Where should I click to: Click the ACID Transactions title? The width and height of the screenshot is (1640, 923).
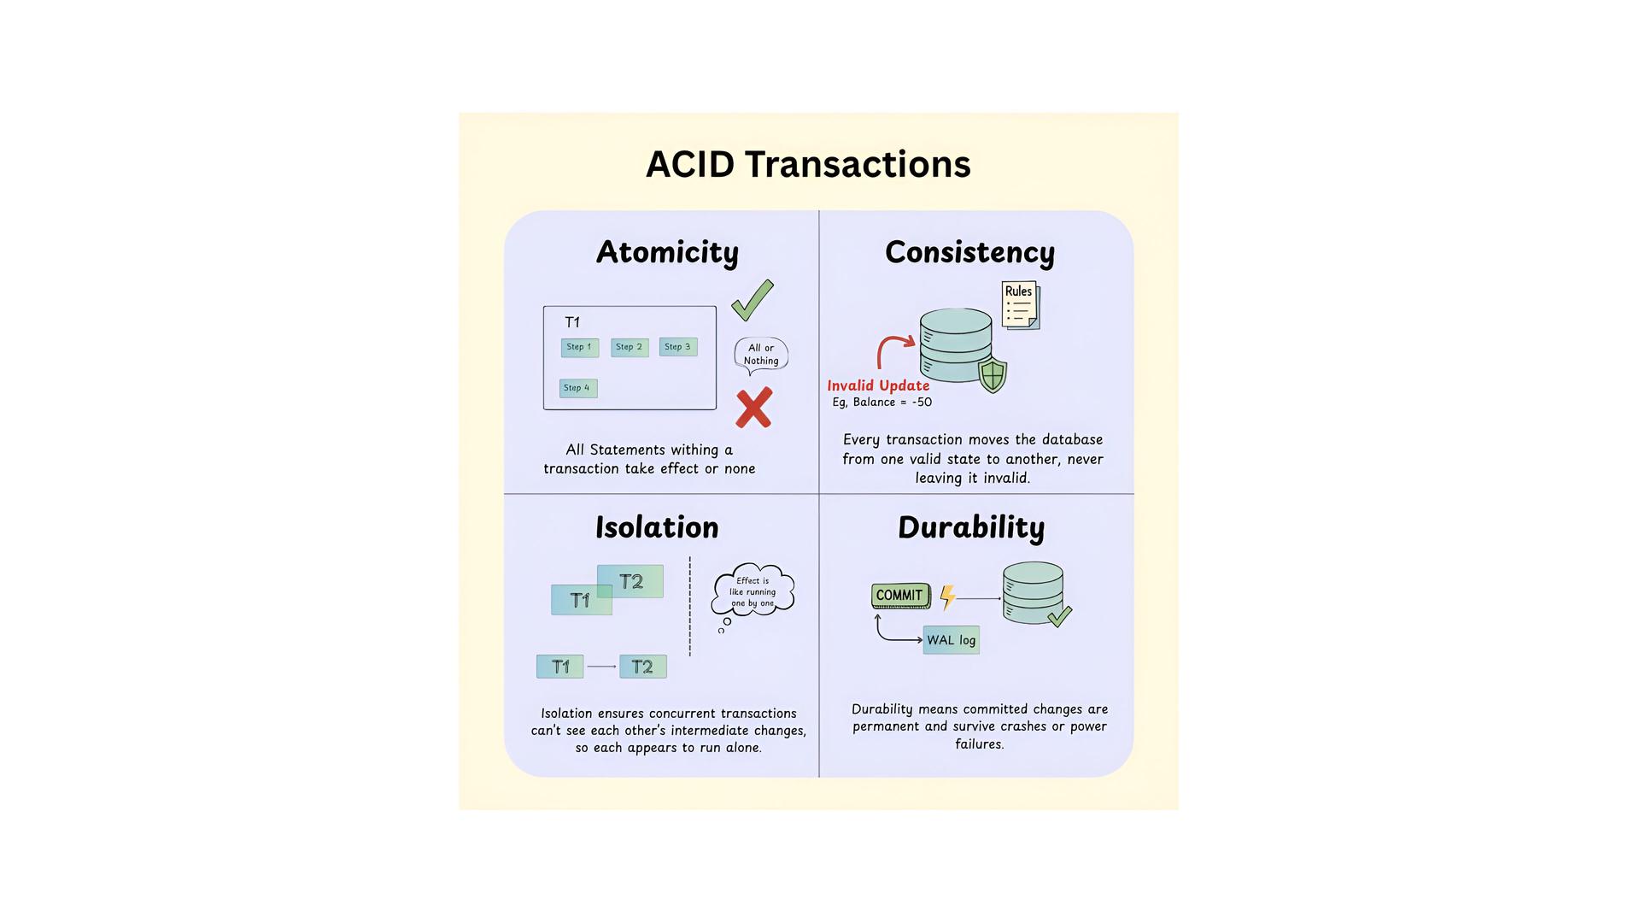point(808,164)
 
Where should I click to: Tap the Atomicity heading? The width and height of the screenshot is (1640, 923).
point(667,252)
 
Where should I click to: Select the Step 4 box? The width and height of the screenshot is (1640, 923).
point(577,388)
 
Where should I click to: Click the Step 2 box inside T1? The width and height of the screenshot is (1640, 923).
point(630,347)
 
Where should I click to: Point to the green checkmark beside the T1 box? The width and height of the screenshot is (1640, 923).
point(753,301)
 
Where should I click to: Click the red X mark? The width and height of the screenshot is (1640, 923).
point(753,408)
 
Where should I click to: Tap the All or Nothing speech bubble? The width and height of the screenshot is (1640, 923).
point(761,355)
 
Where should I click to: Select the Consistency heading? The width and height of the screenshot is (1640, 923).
point(969,252)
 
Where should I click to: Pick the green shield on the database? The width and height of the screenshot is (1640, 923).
point(993,375)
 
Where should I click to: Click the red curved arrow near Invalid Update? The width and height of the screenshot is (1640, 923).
point(893,349)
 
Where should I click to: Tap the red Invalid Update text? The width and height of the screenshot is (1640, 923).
point(878,385)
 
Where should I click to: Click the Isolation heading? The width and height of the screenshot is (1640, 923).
point(657,527)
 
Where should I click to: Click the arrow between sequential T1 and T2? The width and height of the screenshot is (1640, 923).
point(601,667)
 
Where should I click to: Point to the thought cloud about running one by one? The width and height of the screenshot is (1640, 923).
point(753,591)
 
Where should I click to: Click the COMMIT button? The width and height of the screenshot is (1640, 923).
point(899,596)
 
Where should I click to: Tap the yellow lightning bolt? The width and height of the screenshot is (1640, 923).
point(947,597)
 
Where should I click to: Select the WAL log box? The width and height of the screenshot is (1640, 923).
point(951,640)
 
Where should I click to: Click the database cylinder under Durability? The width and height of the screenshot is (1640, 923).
point(1033,592)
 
